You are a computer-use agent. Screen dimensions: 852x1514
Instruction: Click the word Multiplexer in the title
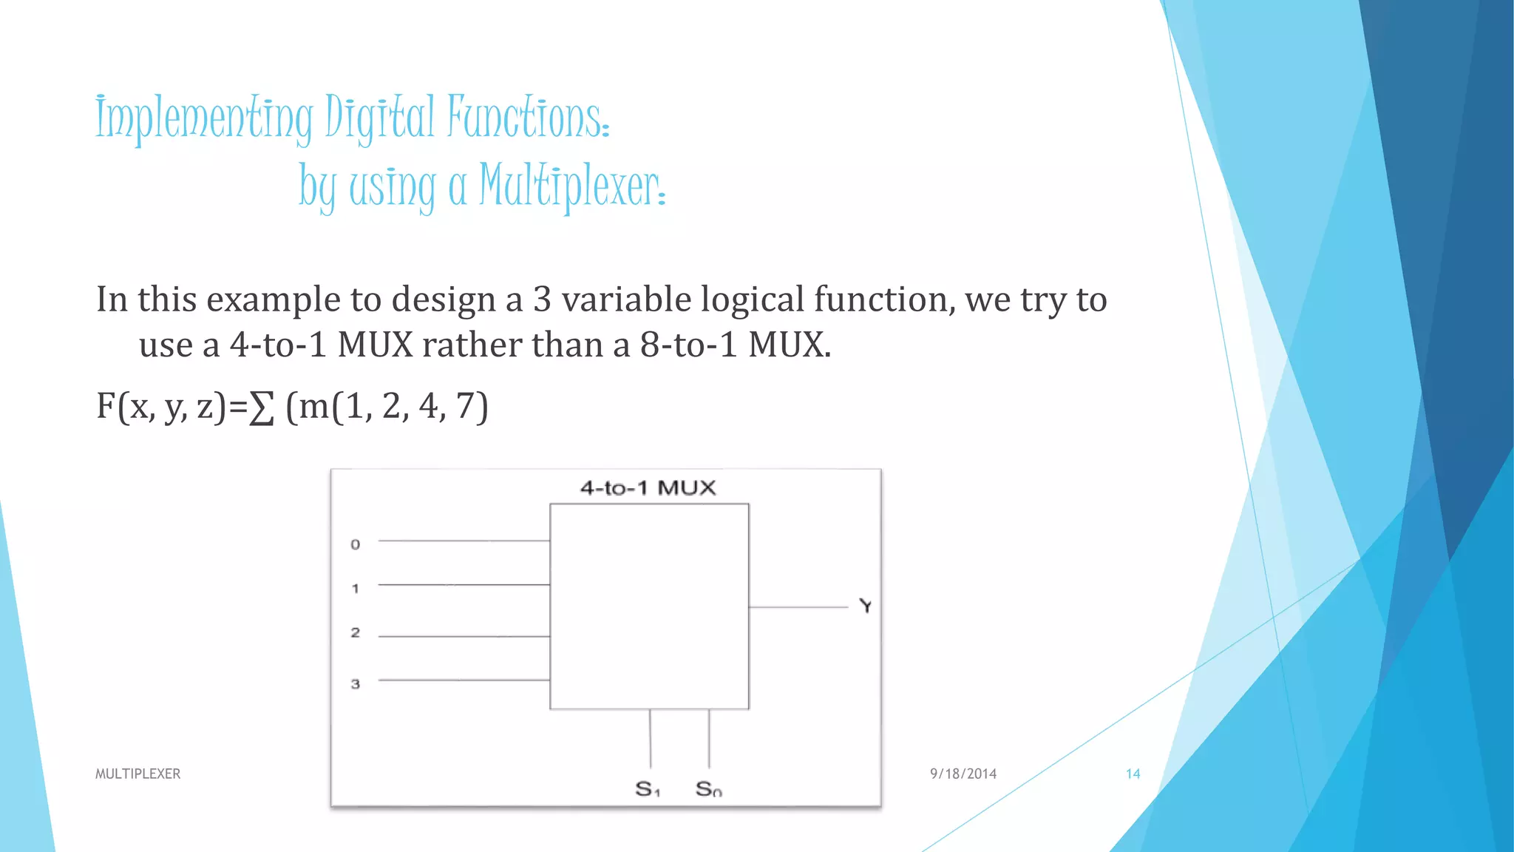[571, 185]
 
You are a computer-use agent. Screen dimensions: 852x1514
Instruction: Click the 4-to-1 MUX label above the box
[648, 488]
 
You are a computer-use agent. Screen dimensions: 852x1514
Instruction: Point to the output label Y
[866, 606]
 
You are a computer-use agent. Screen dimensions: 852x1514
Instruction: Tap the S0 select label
[708, 789]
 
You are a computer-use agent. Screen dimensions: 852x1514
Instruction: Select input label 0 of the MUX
[356, 545]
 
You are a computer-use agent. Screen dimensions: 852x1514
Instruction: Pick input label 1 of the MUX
[356, 589]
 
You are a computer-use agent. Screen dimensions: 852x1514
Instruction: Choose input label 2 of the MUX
[356, 633]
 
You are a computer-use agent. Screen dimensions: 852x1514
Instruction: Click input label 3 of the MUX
[356, 684]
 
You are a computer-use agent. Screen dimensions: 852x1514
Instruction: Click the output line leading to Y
[798, 607]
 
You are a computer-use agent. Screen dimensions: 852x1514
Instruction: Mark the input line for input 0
[464, 541]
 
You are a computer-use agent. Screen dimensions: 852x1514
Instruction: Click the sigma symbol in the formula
[262, 408]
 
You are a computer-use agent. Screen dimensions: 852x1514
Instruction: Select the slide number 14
[1133, 774]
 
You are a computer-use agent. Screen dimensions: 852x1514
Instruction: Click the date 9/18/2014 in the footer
[963, 774]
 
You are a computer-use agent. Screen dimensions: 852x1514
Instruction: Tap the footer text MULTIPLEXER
[138, 774]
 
